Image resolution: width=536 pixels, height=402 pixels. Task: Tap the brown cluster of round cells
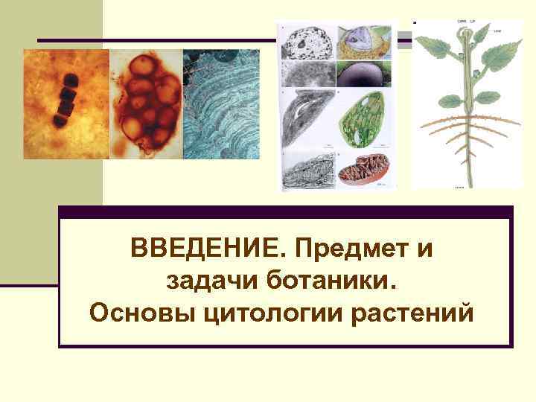click(x=146, y=104)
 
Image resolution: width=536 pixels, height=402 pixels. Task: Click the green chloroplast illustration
click(x=366, y=118)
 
